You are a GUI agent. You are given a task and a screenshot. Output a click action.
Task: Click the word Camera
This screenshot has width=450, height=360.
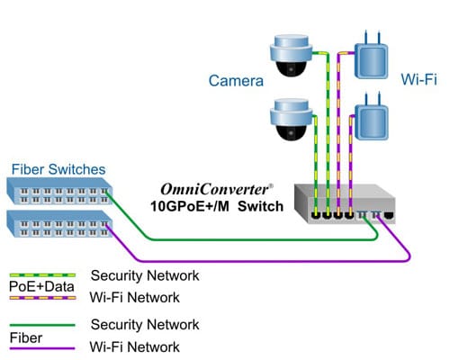tap(236, 81)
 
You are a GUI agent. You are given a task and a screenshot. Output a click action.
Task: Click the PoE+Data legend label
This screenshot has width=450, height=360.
tap(38, 286)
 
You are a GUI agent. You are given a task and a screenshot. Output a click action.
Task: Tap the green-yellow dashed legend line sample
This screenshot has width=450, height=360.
tap(41, 275)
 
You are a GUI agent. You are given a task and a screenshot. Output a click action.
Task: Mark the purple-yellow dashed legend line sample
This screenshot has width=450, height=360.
tap(41, 297)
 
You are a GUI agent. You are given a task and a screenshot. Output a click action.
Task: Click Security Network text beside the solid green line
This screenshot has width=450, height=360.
tap(144, 324)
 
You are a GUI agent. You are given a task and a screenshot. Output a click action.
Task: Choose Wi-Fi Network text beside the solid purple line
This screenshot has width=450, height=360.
tap(135, 346)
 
